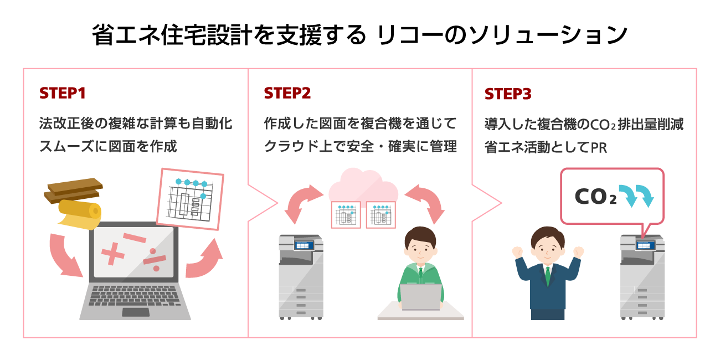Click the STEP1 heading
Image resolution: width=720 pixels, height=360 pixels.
tap(62, 94)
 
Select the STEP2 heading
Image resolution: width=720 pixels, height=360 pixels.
tap(287, 94)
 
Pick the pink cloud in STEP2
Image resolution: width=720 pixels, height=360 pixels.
tap(363, 185)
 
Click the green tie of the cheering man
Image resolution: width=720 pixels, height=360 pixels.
tap(548, 275)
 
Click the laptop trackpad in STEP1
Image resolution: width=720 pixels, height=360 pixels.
tap(135, 312)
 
